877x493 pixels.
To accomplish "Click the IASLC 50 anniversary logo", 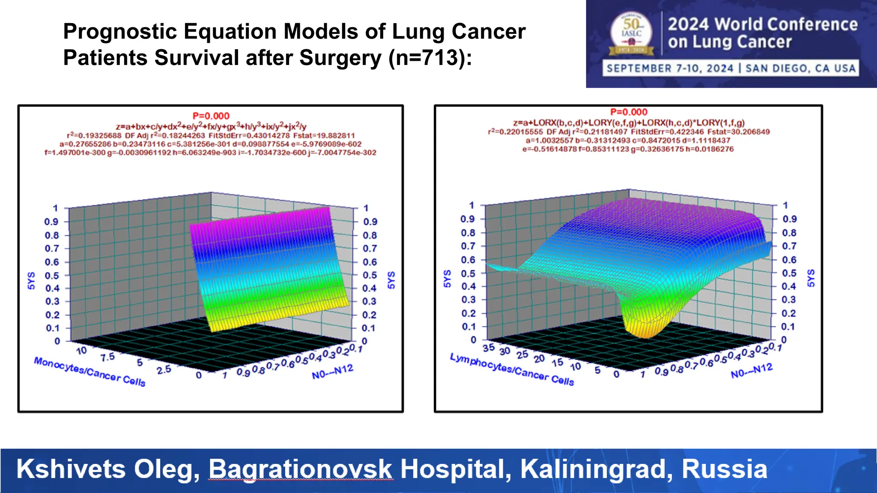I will pyautogui.click(x=631, y=34).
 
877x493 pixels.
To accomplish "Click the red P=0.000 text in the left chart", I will pyautogui.click(x=211, y=116).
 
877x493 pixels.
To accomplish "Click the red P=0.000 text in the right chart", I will pyautogui.click(x=629, y=112).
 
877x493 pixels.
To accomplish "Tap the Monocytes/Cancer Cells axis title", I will pyautogui.click(x=89, y=372).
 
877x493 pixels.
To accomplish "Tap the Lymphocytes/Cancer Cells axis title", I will pyautogui.click(x=512, y=369).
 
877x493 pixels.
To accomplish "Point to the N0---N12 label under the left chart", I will pyautogui.click(x=332, y=372).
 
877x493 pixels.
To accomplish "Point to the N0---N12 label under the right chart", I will pyautogui.click(x=752, y=371).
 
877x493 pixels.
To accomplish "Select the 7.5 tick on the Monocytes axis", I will pyautogui.click(x=107, y=357).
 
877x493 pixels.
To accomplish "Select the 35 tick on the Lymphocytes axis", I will pyautogui.click(x=489, y=347).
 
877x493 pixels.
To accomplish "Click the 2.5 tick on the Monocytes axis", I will pyautogui.click(x=164, y=369).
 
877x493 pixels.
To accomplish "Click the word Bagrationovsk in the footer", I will pyautogui.click(x=300, y=469).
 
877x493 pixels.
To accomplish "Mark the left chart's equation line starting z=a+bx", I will pyautogui.click(x=211, y=127).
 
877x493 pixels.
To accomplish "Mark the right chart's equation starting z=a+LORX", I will pyautogui.click(x=629, y=123).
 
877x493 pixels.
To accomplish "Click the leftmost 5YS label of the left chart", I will pyautogui.click(x=31, y=280).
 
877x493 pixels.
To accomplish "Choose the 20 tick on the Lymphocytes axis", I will pyautogui.click(x=539, y=358).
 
